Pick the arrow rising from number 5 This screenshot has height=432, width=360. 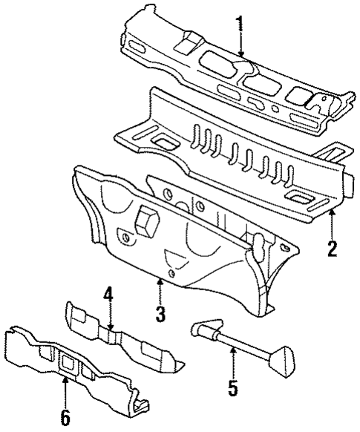coord(232,360)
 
